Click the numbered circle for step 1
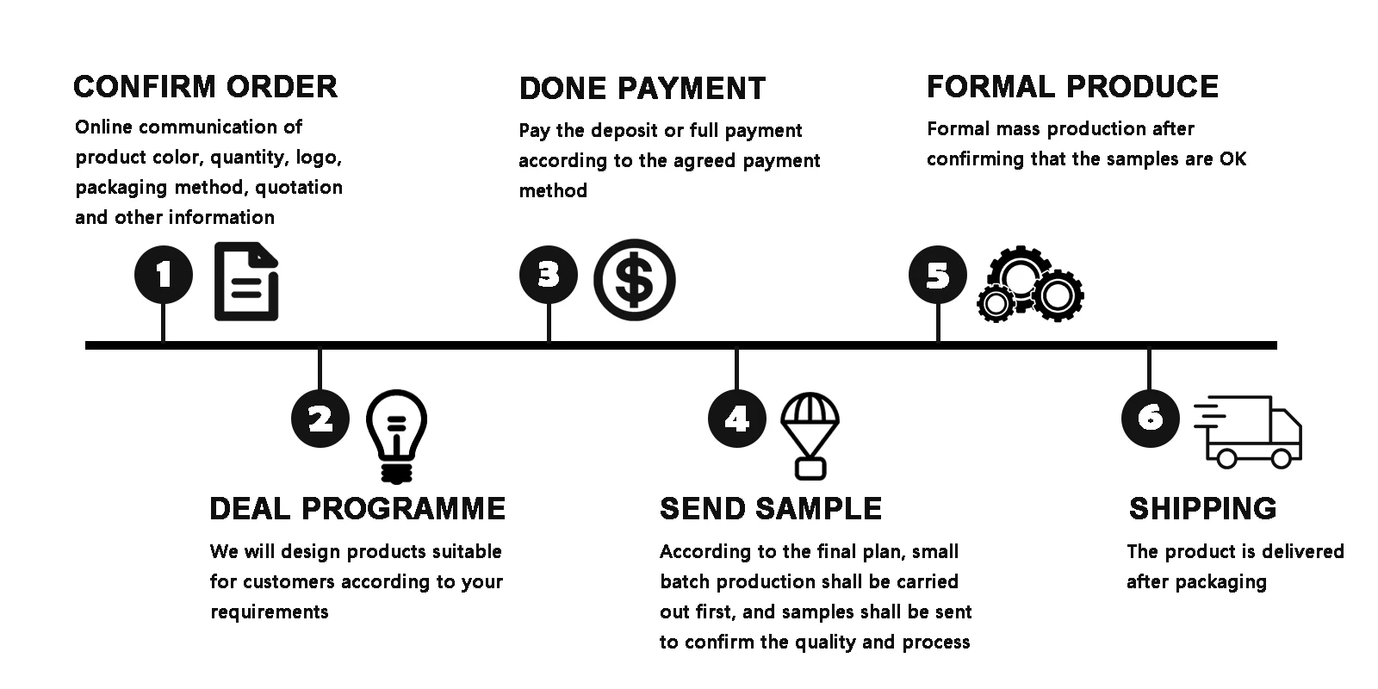click(164, 276)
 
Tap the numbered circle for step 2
click(320, 419)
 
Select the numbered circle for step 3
click(549, 276)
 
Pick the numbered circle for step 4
click(736, 419)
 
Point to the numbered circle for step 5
click(938, 276)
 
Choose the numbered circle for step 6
click(1150, 418)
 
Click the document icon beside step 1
click(246, 282)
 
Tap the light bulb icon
click(396, 435)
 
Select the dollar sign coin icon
click(635, 280)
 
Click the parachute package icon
click(810, 435)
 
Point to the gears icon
click(1030, 284)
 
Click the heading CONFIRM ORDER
click(205, 87)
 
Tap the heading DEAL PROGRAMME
click(357, 508)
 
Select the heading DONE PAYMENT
click(642, 89)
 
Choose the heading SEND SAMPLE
click(771, 508)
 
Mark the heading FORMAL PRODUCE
click(1072, 87)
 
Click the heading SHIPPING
click(1202, 508)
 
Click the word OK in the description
click(1232, 159)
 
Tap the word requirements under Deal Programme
click(270, 612)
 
